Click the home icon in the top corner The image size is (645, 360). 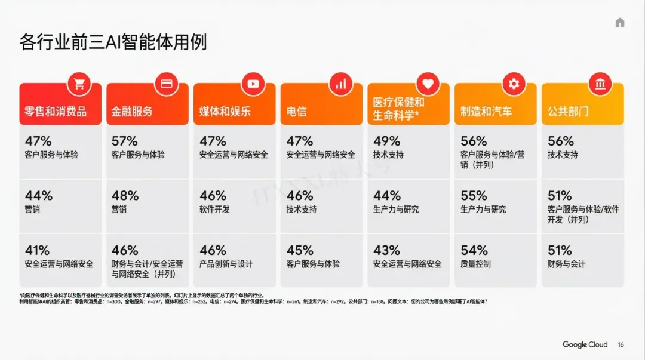coord(619,23)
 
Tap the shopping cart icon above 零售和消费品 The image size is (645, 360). coord(79,84)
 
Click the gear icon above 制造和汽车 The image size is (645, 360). coord(513,84)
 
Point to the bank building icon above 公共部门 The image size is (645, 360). coord(600,84)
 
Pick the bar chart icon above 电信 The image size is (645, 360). coord(340,84)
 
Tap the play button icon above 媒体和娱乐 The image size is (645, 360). coord(253,84)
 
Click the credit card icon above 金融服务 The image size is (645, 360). coord(167,84)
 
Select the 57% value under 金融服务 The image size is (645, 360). coord(124,141)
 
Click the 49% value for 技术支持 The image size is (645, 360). coord(386,141)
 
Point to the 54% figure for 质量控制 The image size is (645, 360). coord(474,250)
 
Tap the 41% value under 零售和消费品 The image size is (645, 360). coord(37,250)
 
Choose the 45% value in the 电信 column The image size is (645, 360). coord(299,250)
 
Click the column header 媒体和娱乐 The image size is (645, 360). coord(225,112)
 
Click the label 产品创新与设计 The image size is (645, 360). coord(226,264)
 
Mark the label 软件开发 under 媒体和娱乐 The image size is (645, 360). coord(214,210)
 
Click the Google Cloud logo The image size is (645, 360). coord(585,344)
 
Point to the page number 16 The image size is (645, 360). coord(621,344)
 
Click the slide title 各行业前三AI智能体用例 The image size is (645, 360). coord(113,43)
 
